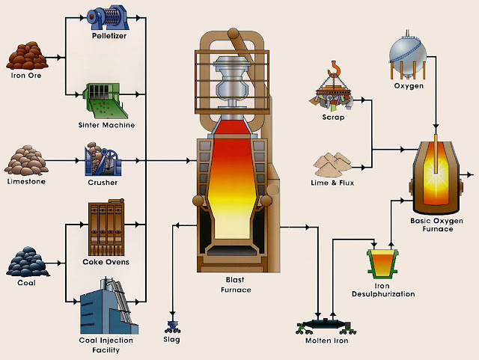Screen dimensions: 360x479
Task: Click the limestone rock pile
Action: point(28,159)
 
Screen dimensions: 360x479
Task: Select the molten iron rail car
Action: point(321,323)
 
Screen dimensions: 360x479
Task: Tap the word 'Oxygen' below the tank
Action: point(409,87)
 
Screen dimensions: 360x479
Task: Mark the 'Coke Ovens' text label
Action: point(106,261)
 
